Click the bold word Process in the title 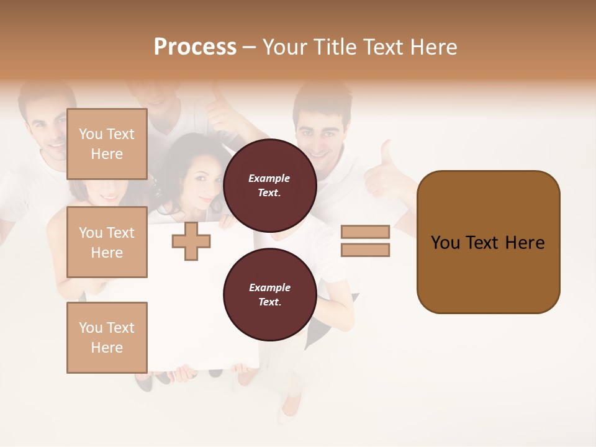(195, 47)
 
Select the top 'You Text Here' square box (107, 144)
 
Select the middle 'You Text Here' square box (107, 242)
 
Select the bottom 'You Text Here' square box (107, 338)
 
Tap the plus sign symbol (191, 241)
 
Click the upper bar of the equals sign (365, 232)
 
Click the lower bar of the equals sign (365, 250)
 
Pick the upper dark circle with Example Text (269, 186)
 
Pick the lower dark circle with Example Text (269, 295)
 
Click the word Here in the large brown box (525, 243)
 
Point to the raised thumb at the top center (220, 106)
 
